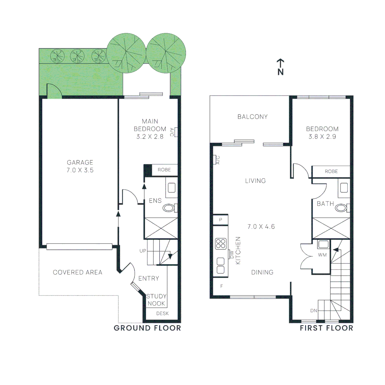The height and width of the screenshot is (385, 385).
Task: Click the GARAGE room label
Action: pyautogui.click(x=80, y=163)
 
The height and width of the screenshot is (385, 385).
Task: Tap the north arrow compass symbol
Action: pyautogui.click(x=281, y=67)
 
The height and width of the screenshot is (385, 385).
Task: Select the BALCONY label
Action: pyautogui.click(x=252, y=117)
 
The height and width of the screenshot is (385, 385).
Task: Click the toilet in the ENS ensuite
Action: pyautogui.click(x=169, y=208)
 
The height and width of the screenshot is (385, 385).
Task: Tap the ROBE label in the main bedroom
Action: pyautogui.click(x=164, y=170)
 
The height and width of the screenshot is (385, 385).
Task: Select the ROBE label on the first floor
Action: pyautogui.click(x=331, y=171)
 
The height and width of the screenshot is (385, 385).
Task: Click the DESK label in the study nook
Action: pyautogui.click(x=162, y=314)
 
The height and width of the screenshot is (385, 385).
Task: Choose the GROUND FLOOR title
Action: pyautogui.click(x=147, y=328)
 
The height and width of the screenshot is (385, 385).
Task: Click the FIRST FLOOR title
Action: pyautogui.click(x=326, y=328)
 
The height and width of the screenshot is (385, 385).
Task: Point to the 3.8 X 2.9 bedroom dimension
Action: pyautogui.click(x=322, y=136)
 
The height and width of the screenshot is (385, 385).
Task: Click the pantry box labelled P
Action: pyautogui.click(x=221, y=220)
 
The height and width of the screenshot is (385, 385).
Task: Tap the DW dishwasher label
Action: pyautogui.click(x=231, y=255)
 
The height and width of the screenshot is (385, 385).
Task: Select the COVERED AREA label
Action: pyautogui.click(x=77, y=272)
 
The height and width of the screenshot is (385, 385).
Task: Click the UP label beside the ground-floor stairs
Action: pyautogui.click(x=143, y=251)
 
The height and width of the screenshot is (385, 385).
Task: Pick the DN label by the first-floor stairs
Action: pyautogui.click(x=314, y=311)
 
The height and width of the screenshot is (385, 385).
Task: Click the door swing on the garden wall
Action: pyautogui.click(x=54, y=91)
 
